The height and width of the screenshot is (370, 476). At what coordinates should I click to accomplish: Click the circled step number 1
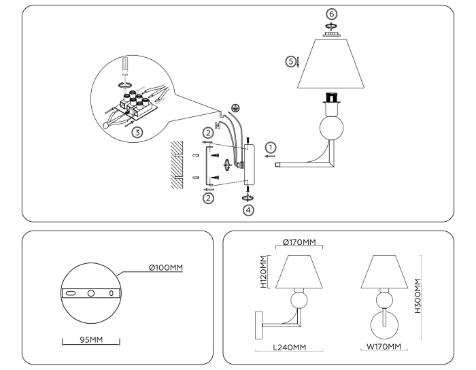click(271, 148)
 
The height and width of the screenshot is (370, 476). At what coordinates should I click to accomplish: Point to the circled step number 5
click(291, 62)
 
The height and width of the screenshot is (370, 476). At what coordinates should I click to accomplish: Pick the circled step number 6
click(331, 13)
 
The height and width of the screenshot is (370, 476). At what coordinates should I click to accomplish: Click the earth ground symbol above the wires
click(235, 107)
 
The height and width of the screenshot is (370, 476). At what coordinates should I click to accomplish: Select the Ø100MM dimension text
click(167, 268)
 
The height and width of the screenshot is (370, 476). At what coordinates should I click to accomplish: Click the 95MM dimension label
click(91, 338)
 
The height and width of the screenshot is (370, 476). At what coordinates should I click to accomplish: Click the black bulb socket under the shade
click(333, 98)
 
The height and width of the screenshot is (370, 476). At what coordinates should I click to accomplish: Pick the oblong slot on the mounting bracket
click(70, 293)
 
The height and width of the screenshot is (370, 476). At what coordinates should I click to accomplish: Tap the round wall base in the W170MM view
click(384, 326)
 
